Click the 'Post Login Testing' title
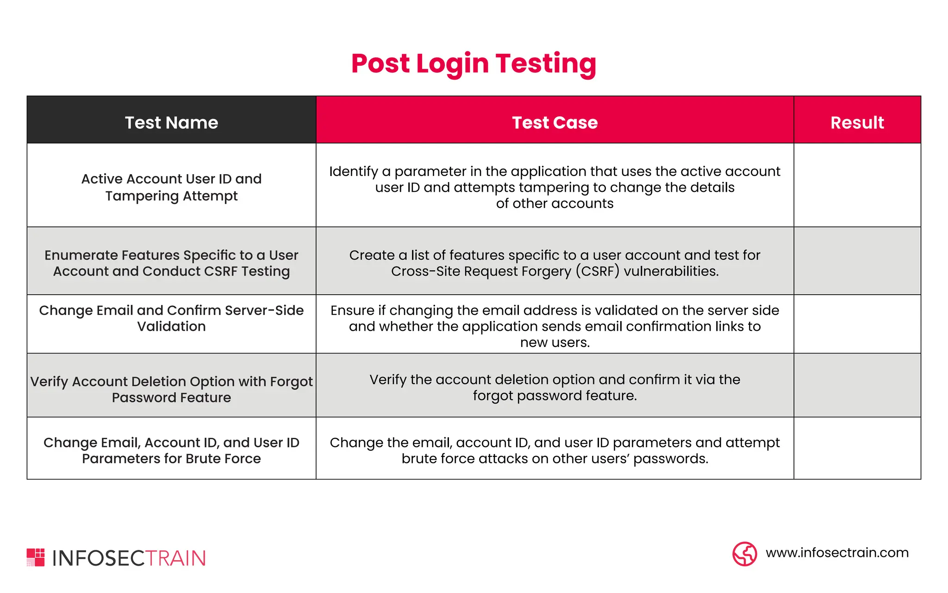point(474,63)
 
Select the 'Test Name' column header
point(171,123)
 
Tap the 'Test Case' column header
point(555,123)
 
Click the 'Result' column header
point(857,123)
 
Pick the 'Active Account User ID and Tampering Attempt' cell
point(171,187)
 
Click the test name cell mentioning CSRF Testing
point(171,263)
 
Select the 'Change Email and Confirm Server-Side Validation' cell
point(171,318)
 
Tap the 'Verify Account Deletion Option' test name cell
point(171,389)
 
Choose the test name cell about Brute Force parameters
point(171,450)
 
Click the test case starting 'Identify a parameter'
point(555,187)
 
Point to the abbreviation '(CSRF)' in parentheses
point(598,271)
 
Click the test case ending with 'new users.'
point(555,326)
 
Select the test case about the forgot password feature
point(555,387)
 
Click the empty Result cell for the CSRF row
point(857,261)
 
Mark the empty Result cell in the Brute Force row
point(857,448)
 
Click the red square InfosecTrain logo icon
point(36,557)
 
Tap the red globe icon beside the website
point(744,554)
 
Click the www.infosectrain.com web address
point(837,553)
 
